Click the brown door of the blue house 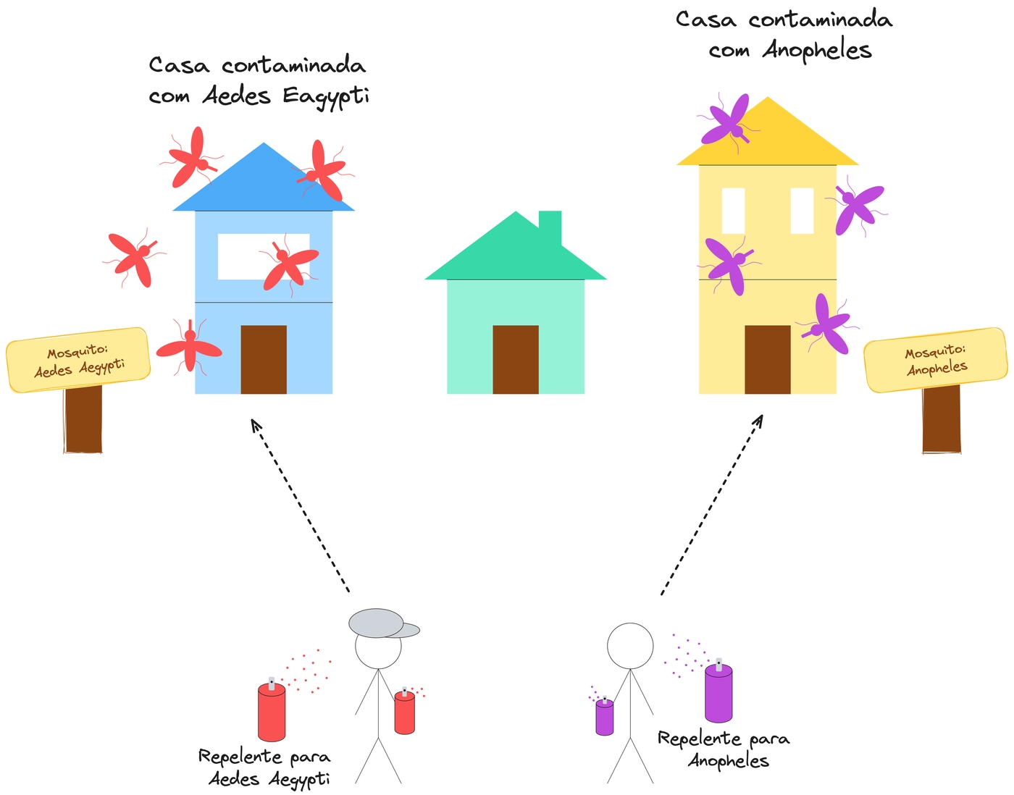point(263,360)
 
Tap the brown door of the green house point(515,360)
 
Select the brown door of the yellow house point(767,360)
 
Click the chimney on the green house point(550,226)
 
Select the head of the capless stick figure point(629,646)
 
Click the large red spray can point(272,713)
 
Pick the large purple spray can point(718,694)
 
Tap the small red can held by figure point(404,712)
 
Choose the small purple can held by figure point(604,718)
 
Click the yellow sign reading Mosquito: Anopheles point(936,360)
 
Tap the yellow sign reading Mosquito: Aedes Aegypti point(78,360)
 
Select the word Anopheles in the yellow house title point(816,51)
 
